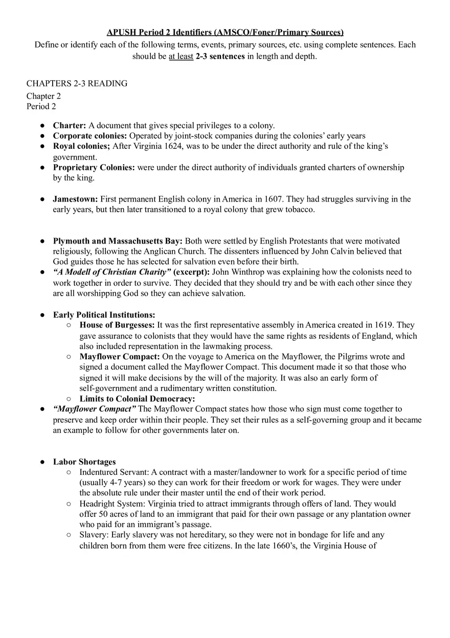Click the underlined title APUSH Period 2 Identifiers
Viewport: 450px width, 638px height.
[x=225, y=32]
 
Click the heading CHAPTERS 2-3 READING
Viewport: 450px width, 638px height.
[x=77, y=83]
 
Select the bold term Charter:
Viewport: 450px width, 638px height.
[x=70, y=125]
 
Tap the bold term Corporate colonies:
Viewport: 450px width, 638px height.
[x=90, y=136]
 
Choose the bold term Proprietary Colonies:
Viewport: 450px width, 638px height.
[x=94, y=167]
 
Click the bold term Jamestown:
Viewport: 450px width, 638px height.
[x=75, y=199]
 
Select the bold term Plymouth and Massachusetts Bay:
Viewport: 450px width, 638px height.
[x=118, y=241]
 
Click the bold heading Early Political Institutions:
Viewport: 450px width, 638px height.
[x=104, y=315]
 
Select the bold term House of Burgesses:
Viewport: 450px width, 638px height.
[x=117, y=325]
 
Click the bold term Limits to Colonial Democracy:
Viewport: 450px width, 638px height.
[x=137, y=399]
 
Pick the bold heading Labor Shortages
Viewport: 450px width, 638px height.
[x=84, y=461]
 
